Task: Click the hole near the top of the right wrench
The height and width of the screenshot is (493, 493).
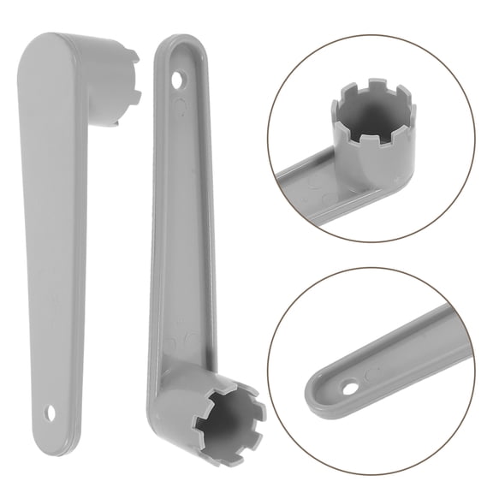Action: point(179,80)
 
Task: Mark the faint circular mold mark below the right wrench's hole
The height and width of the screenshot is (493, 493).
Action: point(181,106)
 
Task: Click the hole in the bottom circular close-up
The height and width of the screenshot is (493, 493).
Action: point(348,388)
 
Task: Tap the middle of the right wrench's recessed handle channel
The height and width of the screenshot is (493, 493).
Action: point(175,231)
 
